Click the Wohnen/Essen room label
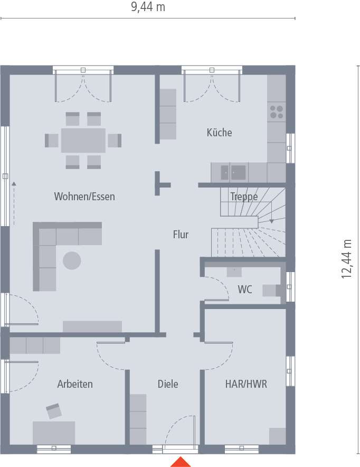pyautogui.click(x=84, y=197)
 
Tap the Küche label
pyautogui.click(x=219, y=133)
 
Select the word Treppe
pyautogui.click(x=244, y=197)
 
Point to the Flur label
pyautogui.click(x=181, y=235)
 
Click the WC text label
pyautogui.click(x=244, y=289)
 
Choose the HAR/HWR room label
pyautogui.click(x=243, y=384)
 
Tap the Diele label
pyautogui.click(x=168, y=384)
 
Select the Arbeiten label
pyautogui.click(x=75, y=384)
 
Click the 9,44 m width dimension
pyautogui.click(x=148, y=7)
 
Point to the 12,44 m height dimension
pyautogui.click(x=346, y=258)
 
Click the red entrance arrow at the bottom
pyautogui.click(x=181, y=462)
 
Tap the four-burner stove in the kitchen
pyautogui.click(x=277, y=112)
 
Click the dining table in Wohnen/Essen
pyautogui.click(x=83, y=141)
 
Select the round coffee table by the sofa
pyautogui.click(x=72, y=260)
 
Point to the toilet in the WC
pyautogui.click(x=271, y=290)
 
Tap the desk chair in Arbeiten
pyautogui.click(x=54, y=410)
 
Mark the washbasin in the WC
pyautogui.click(x=234, y=272)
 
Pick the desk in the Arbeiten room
pyautogui.click(x=54, y=432)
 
